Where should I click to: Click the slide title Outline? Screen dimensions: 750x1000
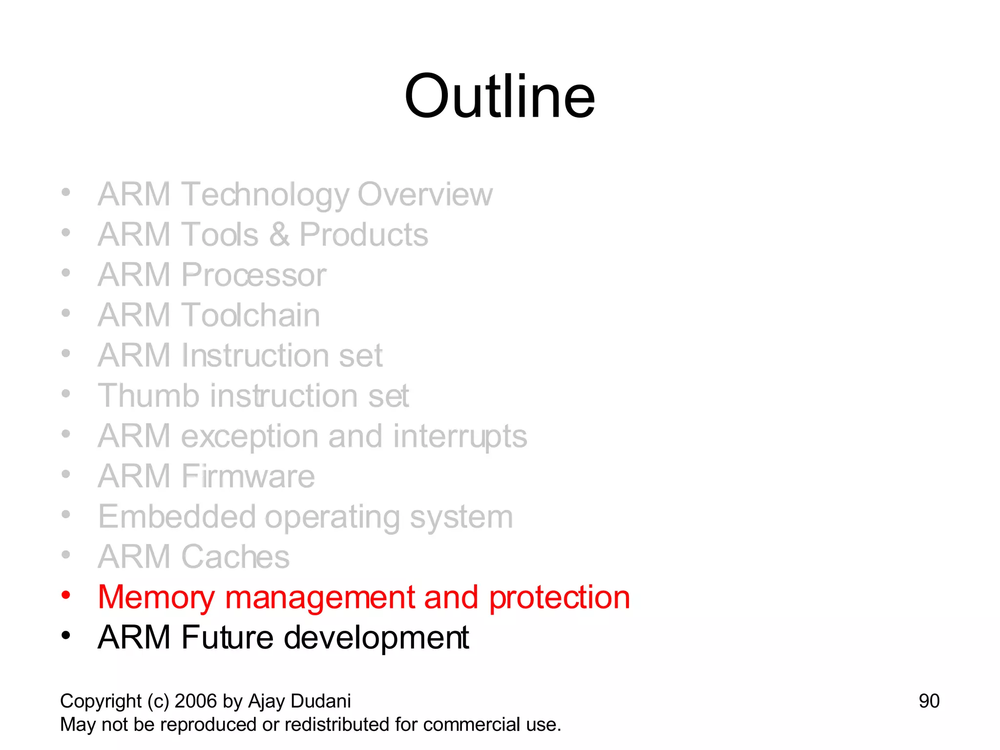[x=500, y=96]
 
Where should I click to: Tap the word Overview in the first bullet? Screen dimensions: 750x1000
[x=425, y=194]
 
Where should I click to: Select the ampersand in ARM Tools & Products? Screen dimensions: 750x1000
[x=279, y=235]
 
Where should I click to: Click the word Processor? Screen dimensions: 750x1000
[x=253, y=275]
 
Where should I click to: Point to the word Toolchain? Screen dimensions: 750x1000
[x=250, y=315]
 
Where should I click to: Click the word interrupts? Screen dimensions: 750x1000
[x=460, y=436]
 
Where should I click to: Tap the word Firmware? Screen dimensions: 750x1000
[x=248, y=476]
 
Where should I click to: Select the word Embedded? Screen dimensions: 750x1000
[x=177, y=517]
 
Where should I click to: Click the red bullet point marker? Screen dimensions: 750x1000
[x=66, y=595]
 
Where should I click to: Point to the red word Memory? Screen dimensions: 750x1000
[x=156, y=597]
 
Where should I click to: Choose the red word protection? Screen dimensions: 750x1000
[x=560, y=597]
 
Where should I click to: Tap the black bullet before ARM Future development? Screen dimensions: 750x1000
[x=66, y=636]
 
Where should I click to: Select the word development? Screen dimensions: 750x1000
[x=376, y=638]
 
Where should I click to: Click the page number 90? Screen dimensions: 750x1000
[x=929, y=701]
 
